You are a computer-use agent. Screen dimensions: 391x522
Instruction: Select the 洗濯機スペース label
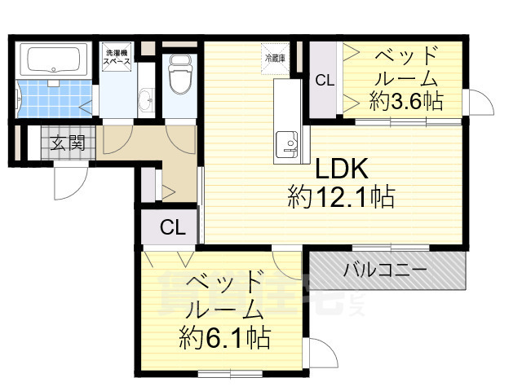117,58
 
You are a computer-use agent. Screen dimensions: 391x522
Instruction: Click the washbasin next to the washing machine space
146,100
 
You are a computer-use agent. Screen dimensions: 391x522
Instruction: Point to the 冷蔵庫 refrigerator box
274,58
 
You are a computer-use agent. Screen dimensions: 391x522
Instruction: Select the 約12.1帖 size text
341,197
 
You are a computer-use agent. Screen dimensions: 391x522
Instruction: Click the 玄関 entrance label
69,145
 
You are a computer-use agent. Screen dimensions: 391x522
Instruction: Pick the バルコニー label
384,270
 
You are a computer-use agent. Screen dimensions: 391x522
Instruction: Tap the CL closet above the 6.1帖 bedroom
171,227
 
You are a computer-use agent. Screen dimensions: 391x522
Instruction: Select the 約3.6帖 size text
405,101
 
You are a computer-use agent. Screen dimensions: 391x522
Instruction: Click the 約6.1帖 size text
227,336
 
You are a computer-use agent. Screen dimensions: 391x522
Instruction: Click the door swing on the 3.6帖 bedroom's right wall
480,104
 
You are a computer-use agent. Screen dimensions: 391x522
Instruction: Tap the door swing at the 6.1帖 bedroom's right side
321,354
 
